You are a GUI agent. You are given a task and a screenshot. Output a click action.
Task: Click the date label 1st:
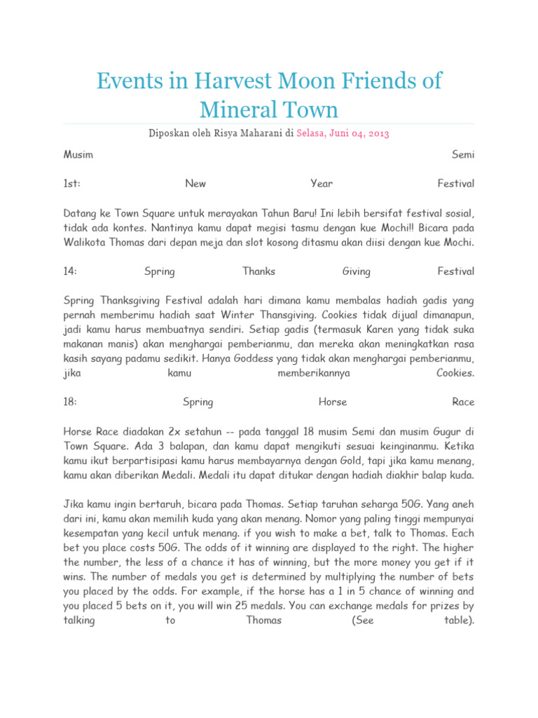72,184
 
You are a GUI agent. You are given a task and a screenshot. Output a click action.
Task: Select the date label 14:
70,271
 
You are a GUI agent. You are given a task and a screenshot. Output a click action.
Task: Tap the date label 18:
70,402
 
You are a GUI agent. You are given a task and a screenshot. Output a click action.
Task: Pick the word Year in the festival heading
322,184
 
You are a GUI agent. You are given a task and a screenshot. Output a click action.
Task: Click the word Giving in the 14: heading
357,271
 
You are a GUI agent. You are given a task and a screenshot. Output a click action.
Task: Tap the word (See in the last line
363,621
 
